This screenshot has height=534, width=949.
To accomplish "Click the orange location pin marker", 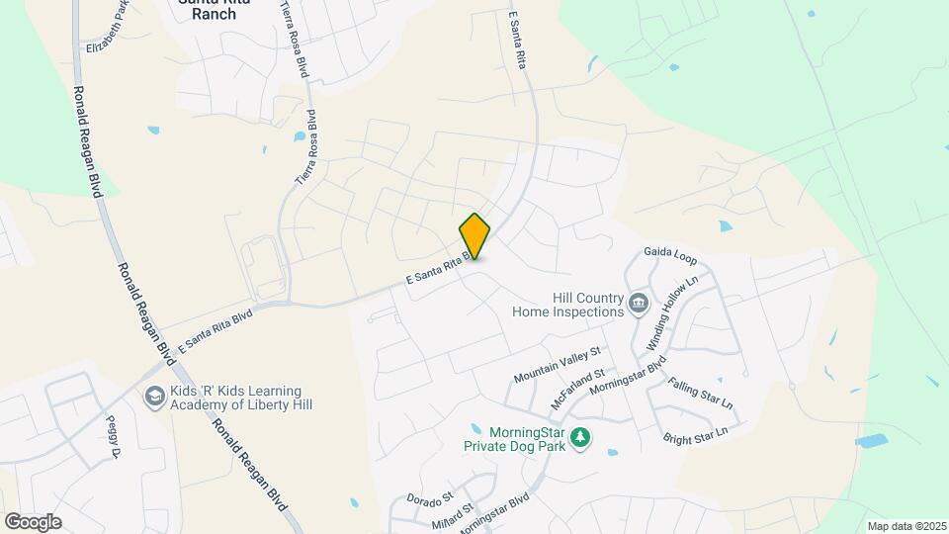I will (x=475, y=235).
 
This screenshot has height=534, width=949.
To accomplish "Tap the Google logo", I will (x=33, y=521).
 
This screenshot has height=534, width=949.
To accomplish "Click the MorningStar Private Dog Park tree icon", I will (x=582, y=436).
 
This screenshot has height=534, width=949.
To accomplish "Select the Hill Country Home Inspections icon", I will (x=638, y=303).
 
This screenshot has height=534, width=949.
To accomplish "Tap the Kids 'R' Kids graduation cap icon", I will (x=154, y=398).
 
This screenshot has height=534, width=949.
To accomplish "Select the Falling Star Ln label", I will (x=700, y=394).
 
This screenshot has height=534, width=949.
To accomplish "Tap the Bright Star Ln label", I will (x=695, y=432).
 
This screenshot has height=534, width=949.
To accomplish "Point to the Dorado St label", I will (x=429, y=496).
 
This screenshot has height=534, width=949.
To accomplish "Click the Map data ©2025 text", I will (x=905, y=525).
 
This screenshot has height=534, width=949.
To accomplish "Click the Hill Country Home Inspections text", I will (x=566, y=304).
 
